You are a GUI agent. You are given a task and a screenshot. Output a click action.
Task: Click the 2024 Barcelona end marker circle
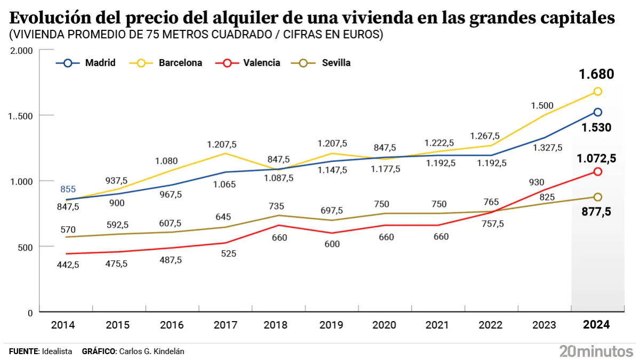(x=598, y=91)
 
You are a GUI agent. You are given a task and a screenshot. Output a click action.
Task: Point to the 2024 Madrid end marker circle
(x=598, y=112)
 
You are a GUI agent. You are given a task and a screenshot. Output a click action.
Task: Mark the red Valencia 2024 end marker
(x=598, y=172)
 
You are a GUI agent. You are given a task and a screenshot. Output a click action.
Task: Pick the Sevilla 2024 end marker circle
(x=598, y=197)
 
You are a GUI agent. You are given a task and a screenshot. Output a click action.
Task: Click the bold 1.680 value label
(x=597, y=74)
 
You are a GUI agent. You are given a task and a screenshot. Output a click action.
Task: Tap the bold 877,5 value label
(x=597, y=212)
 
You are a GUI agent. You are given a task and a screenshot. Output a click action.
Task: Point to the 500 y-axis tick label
(x=26, y=247)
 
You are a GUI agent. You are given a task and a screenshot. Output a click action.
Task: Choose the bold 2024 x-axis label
(x=596, y=325)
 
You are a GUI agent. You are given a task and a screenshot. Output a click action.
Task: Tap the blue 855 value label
(x=68, y=189)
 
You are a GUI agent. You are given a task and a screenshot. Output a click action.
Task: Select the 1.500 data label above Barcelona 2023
(x=542, y=106)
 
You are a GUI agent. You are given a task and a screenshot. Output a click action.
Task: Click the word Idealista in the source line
(x=57, y=351)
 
